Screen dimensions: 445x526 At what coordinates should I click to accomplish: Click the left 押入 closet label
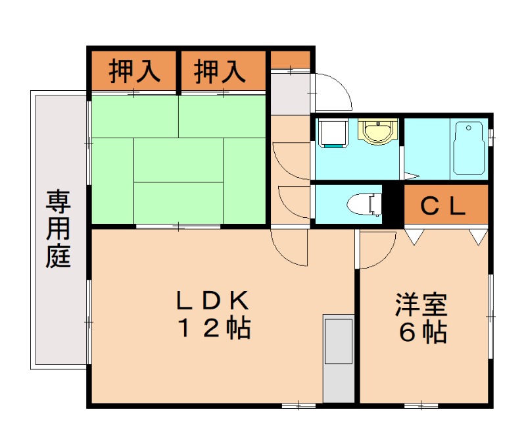click(134, 71)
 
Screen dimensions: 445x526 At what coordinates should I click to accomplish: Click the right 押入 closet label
click(220, 71)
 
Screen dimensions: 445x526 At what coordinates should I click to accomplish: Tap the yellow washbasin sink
click(377, 130)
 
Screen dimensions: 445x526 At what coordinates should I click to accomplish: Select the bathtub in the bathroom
click(468, 149)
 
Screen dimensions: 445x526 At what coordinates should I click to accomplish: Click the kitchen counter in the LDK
click(339, 359)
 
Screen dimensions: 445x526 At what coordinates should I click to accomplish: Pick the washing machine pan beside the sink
click(332, 134)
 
